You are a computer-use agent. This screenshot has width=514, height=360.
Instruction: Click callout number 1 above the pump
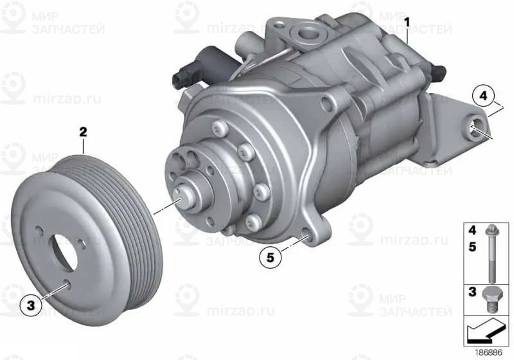coord(407,23)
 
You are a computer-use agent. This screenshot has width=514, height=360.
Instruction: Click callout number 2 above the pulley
coord(83,132)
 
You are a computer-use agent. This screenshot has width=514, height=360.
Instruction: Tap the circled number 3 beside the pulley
coord(31,305)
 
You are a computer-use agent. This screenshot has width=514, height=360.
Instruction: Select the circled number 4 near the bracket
coord(483,96)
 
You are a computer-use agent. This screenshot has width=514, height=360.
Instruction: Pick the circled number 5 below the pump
coord(270,257)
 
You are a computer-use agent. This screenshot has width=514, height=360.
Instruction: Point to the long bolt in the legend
coord(491,253)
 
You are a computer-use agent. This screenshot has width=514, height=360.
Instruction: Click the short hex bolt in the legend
coord(492,300)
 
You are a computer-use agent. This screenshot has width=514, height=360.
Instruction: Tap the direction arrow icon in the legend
coord(484,330)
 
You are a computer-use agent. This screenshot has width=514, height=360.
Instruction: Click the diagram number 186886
coord(488,353)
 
